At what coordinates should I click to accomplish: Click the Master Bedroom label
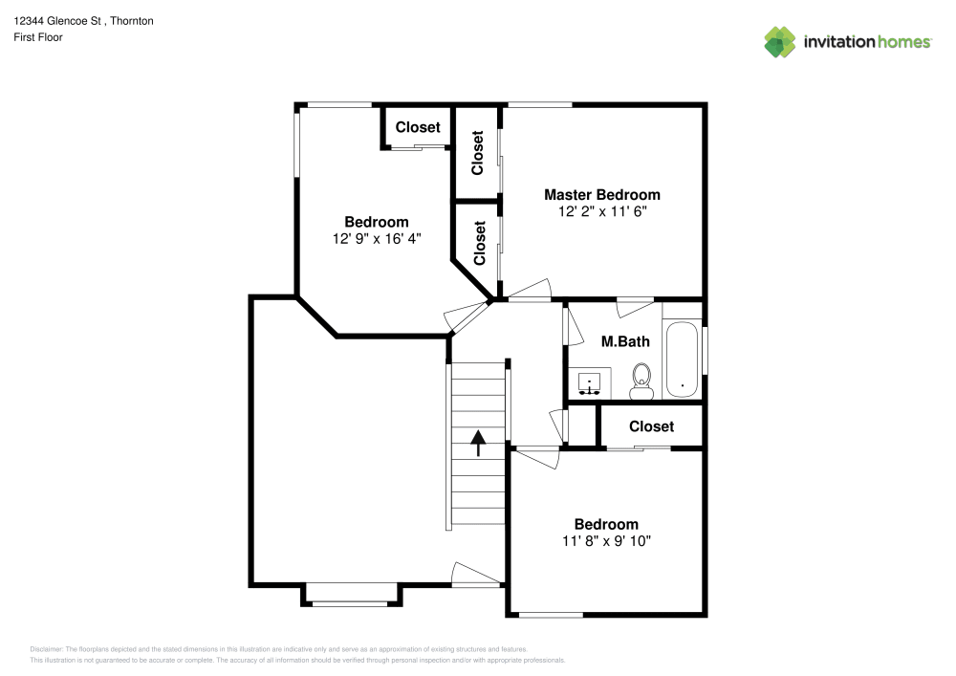[601, 194]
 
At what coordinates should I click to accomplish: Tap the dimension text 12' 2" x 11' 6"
[601, 211]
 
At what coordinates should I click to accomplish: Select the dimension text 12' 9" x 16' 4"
[376, 239]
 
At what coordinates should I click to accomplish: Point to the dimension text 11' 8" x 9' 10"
[606, 541]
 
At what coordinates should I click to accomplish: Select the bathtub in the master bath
[682, 360]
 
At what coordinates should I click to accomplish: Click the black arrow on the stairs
[478, 441]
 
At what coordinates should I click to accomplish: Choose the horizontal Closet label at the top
[418, 127]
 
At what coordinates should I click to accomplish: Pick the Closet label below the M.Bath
[651, 426]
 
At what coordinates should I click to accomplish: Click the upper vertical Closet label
[478, 152]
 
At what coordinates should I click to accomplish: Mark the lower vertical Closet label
[479, 243]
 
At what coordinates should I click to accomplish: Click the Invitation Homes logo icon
[779, 41]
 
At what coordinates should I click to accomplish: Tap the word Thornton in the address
[133, 20]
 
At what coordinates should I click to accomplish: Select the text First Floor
[38, 37]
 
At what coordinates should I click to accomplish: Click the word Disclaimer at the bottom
[46, 648]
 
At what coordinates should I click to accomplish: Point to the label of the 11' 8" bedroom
[606, 524]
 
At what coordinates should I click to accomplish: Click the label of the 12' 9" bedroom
[376, 222]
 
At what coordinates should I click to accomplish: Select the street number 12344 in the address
[29, 20]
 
